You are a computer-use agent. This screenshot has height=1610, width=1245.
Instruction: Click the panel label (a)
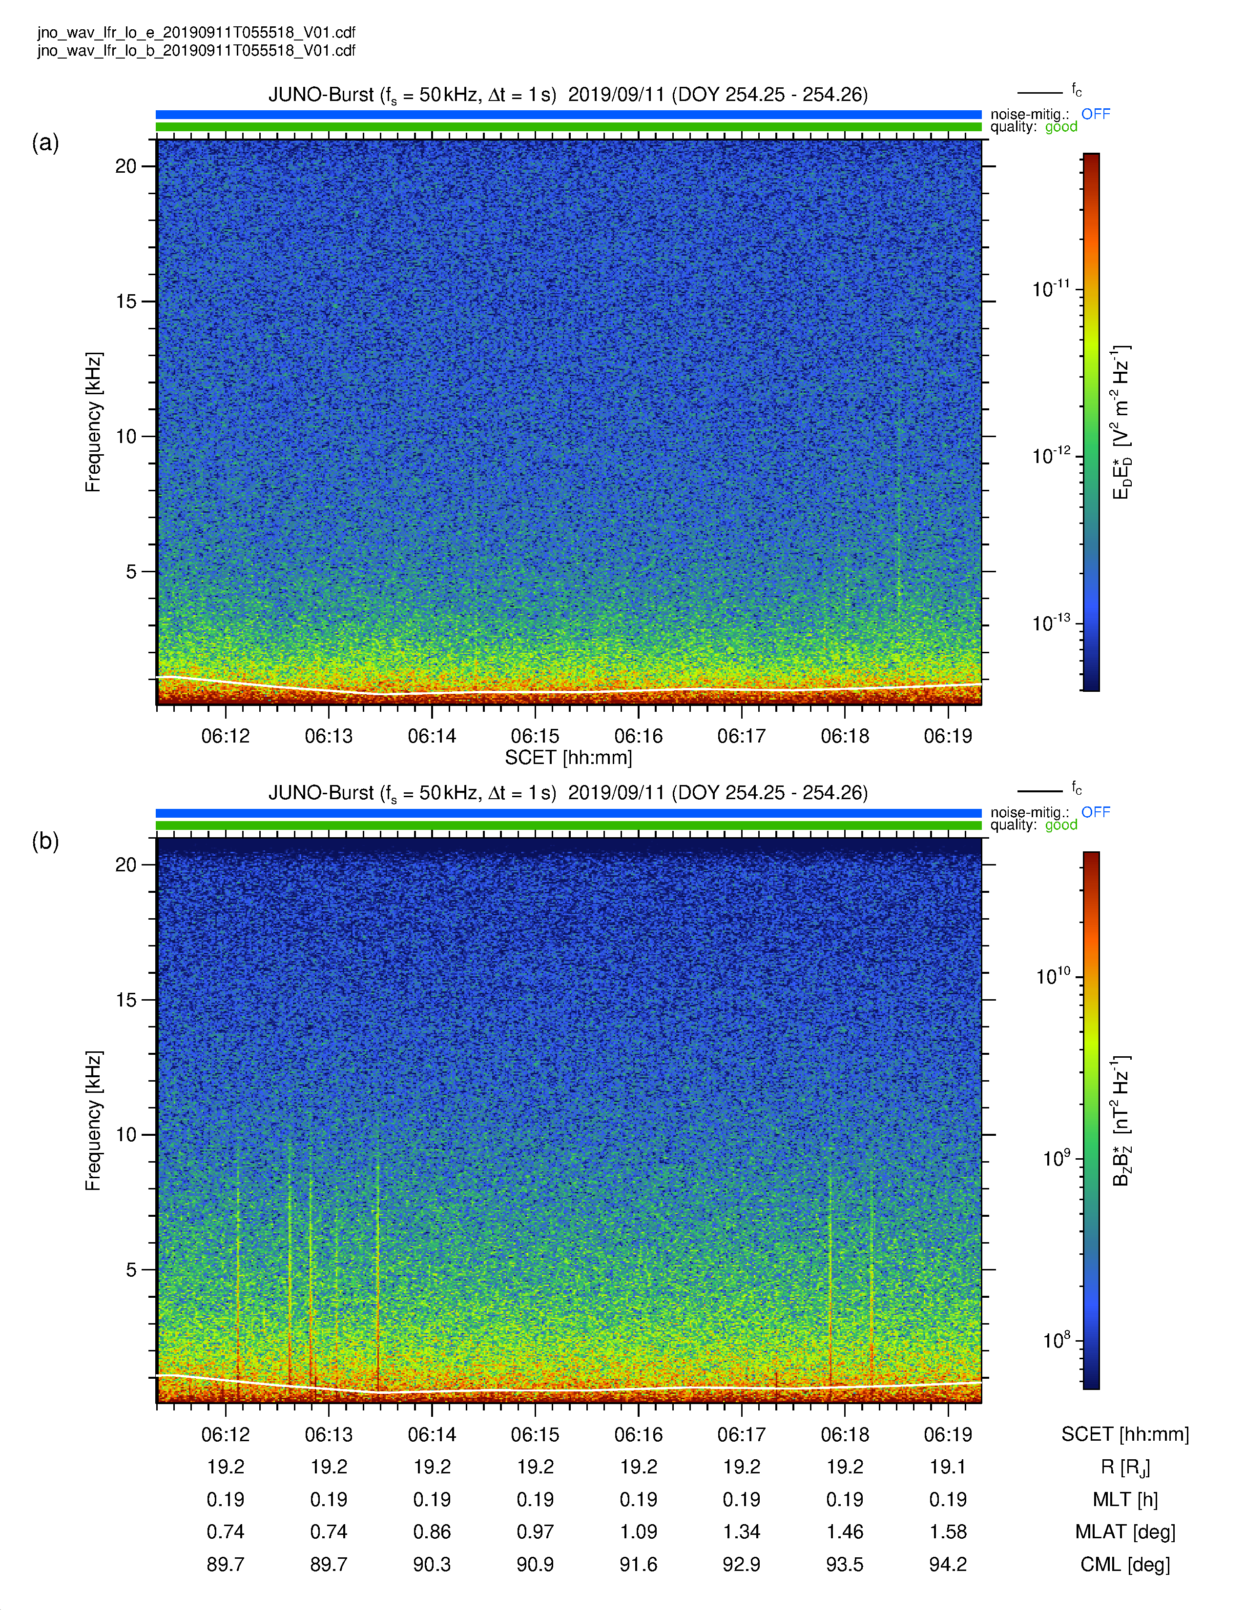click(x=45, y=142)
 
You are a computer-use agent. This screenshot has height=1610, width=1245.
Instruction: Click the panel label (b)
click(x=45, y=841)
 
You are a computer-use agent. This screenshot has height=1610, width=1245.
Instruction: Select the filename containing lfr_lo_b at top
click(x=196, y=50)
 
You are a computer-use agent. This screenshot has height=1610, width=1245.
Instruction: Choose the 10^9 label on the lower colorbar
click(x=1056, y=1158)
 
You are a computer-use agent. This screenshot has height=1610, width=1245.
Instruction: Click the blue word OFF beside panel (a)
click(x=1095, y=114)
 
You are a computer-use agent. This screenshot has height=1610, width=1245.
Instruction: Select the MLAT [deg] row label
click(x=1125, y=1532)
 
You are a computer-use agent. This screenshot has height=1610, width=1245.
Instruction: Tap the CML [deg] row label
click(x=1125, y=1564)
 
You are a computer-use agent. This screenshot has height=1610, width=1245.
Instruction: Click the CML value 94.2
click(x=948, y=1564)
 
